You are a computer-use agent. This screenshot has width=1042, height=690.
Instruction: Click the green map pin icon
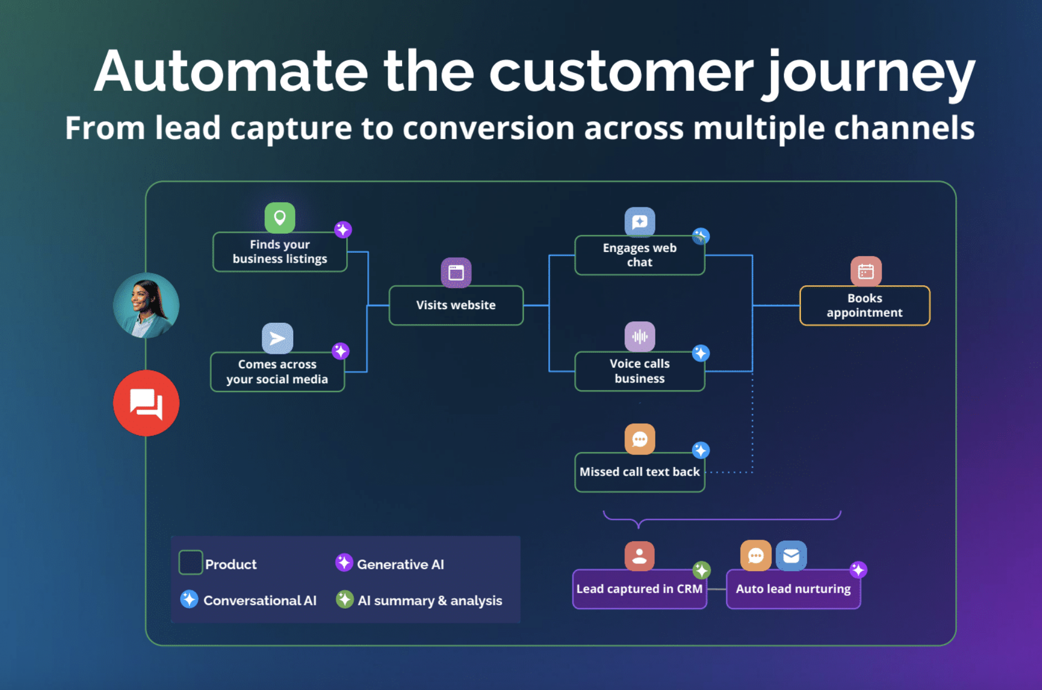[x=280, y=218]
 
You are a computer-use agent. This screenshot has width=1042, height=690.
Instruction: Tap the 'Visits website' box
[x=456, y=305]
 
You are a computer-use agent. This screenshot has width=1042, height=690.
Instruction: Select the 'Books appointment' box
[x=864, y=305]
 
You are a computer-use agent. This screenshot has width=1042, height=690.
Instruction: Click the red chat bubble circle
[x=146, y=403]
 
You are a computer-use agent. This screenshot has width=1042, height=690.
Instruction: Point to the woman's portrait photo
[x=146, y=305]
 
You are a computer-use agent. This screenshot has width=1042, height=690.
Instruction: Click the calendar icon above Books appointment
[x=866, y=271]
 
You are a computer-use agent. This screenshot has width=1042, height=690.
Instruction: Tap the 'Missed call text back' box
[x=639, y=472]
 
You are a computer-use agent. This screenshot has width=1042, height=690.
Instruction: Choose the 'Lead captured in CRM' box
[x=639, y=589]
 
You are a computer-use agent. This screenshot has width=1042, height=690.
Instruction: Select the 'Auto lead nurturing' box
[x=793, y=589]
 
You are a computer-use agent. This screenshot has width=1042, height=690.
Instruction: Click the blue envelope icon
[x=791, y=556]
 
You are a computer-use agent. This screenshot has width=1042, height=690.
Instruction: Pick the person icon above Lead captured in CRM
[x=639, y=556]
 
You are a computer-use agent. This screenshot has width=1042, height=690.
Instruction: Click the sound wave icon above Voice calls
[x=640, y=336]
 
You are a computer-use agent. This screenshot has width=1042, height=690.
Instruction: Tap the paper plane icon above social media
[x=277, y=338]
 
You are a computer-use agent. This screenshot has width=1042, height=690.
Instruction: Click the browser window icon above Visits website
[x=456, y=273]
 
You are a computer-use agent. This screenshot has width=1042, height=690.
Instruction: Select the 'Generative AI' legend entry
[x=390, y=564]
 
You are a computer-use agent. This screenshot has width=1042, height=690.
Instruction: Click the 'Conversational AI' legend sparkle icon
[x=189, y=599]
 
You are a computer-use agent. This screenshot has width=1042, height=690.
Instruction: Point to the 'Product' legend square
[x=190, y=563]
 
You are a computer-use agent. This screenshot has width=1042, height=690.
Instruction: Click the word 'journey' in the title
[x=868, y=72]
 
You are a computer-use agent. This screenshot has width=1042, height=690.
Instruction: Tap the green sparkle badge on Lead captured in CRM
[x=701, y=569]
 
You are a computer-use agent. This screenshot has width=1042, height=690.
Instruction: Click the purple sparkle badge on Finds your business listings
[x=343, y=229]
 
